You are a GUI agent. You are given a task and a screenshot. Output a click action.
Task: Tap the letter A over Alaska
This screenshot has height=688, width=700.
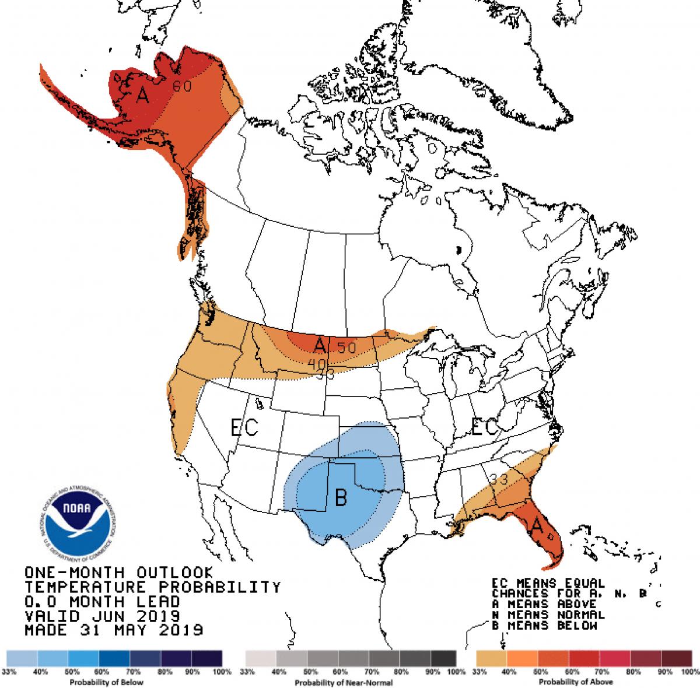tap(142, 94)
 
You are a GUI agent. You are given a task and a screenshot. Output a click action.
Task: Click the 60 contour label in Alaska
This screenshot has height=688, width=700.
tap(182, 86)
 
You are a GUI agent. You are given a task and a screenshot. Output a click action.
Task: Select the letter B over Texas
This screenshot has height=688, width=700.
tap(341, 497)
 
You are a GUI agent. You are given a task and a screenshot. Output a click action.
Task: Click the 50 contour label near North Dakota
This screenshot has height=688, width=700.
tap(346, 347)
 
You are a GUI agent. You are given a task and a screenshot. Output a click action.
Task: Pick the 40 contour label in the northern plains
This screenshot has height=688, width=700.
tap(317, 363)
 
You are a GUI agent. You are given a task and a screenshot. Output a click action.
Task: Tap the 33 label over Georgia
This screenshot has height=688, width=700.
tap(498, 479)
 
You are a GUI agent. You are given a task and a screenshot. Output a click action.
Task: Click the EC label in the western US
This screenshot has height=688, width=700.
tap(244, 428)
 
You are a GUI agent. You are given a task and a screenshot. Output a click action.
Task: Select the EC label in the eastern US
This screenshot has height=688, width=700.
tap(485, 427)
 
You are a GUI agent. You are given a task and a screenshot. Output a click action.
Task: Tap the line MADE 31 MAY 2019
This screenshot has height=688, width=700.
tap(114, 630)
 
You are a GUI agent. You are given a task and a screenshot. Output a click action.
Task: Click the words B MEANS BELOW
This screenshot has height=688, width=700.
tap(545, 626)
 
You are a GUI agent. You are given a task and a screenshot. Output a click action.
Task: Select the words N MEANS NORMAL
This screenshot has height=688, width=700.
tap(548, 615)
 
